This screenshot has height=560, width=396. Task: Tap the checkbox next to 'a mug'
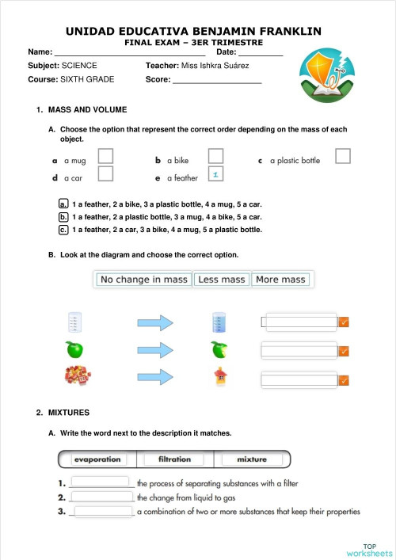(105, 156)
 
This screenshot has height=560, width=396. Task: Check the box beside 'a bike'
(215, 156)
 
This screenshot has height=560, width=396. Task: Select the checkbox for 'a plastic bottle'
(342, 156)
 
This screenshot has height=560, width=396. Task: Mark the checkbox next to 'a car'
(105, 173)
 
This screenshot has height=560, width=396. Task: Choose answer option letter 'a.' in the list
(63, 204)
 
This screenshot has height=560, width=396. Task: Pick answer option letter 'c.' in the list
(63, 230)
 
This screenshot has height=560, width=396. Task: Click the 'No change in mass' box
(144, 280)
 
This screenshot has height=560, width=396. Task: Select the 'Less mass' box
(222, 280)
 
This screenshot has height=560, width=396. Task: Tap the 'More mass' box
(280, 280)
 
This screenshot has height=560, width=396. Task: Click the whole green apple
(74, 349)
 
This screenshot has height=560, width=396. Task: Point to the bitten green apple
(220, 349)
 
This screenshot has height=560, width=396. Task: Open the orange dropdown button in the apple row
(344, 351)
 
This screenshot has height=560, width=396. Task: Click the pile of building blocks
(75, 377)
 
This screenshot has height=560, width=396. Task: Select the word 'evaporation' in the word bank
(97, 459)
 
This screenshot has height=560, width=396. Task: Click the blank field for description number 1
(100, 482)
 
